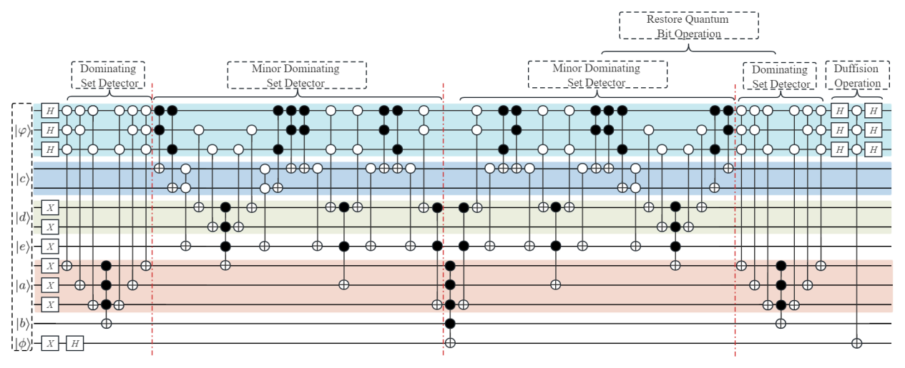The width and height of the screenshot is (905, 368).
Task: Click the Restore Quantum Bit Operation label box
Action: (688, 25)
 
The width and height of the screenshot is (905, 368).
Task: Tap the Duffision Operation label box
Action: (857, 76)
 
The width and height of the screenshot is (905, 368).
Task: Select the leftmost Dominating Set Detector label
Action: (108, 76)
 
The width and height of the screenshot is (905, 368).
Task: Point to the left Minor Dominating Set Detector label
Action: (296, 75)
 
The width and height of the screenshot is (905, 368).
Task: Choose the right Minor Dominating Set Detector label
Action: (597, 75)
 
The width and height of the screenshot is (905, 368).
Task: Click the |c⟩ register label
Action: (23, 178)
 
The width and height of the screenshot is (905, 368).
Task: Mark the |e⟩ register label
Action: (23, 246)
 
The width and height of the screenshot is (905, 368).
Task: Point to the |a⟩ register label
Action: (23, 286)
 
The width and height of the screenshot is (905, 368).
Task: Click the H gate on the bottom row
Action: (75, 344)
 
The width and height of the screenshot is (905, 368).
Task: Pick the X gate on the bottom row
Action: (49, 344)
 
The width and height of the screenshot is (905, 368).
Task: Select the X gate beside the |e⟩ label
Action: (49, 247)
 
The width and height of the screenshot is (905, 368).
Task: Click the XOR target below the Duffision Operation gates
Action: (856, 344)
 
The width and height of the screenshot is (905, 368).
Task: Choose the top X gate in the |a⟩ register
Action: (49, 266)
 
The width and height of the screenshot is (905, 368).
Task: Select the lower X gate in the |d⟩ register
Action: (49, 227)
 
